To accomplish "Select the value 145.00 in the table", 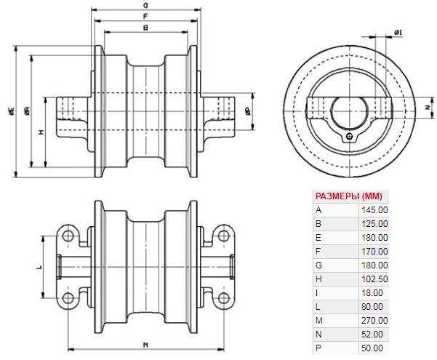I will pos(374,209).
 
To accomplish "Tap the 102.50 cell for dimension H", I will pos(374,279).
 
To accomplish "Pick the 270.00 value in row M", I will pos(374,321).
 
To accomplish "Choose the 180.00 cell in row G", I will pos(374,265).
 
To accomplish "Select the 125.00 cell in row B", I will pos(374,223).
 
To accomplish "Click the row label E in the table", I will pos(318,237).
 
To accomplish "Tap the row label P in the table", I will pos(318,348).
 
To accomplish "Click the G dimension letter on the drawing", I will pos(146,4).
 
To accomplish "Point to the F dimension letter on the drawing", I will pos(146,15).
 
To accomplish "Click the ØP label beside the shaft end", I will pos(249,111).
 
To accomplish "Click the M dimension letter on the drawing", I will pos(146,344).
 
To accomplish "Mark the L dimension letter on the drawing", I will pos(39,268).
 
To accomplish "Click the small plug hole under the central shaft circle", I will pos(350,135).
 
